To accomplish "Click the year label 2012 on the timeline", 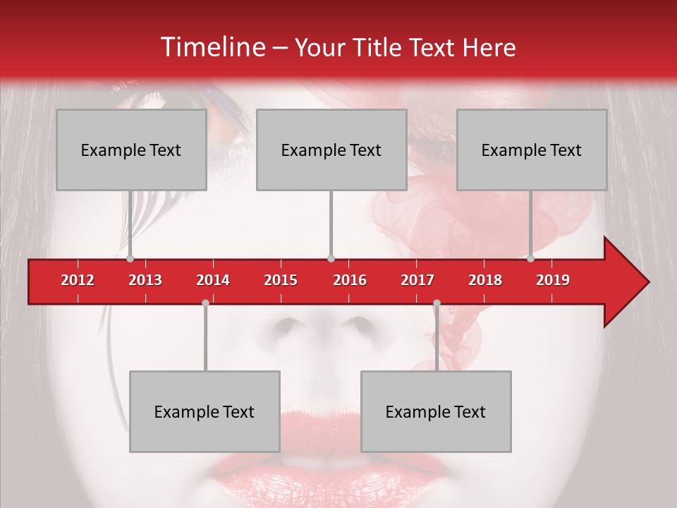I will pyautogui.click(x=78, y=280).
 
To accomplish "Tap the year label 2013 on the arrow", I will pyautogui.click(x=145, y=280).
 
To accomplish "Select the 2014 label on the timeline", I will pyautogui.click(x=213, y=280).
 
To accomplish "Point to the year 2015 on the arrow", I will pyautogui.click(x=281, y=280).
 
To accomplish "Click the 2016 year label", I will pyautogui.click(x=350, y=280).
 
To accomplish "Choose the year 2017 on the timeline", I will pyautogui.click(x=417, y=280).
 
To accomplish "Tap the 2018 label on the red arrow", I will pyautogui.click(x=485, y=280).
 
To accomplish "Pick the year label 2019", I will pyautogui.click(x=553, y=280).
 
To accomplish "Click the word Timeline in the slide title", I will pyautogui.click(x=211, y=47).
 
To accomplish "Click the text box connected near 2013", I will pyautogui.click(x=131, y=150).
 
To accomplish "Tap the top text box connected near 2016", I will pyautogui.click(x=331, y=150).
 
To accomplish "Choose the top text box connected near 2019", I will pyautogui.click(x=532, y=150).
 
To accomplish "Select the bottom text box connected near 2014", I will pyautogui.click(x=205, y=411).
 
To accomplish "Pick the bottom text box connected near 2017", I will pyautogui.click(x=436, y=411).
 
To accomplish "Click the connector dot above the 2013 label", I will pyautogui.click(x=130, y=259).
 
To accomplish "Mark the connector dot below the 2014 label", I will pyautogui.click(x=205, y=303).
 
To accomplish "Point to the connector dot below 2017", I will pyautogui.click(x=437, y=303).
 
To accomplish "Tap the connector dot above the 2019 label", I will pyautogui.click(x=531, y=259).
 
